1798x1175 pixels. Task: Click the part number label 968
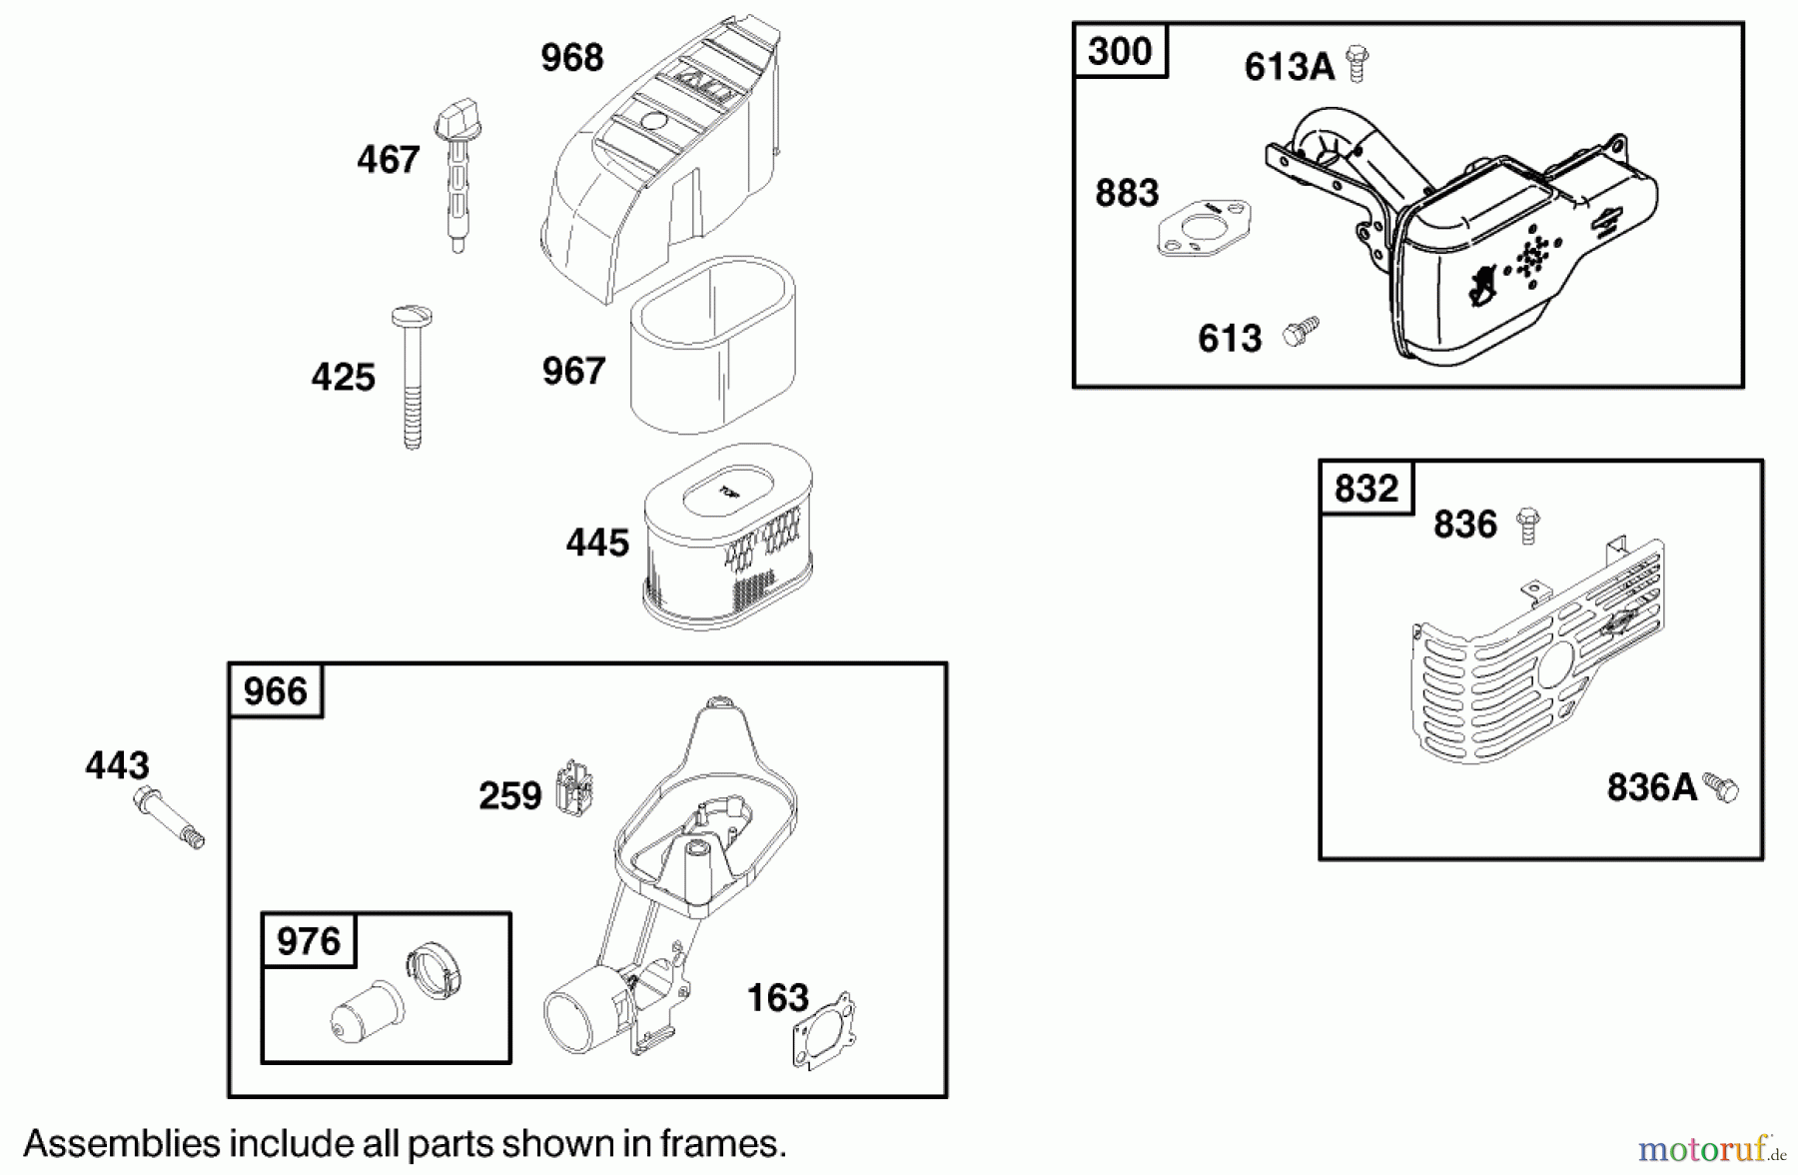point(571,58)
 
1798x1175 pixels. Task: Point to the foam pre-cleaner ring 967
point(712,345)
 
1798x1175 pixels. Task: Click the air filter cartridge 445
point(727,537)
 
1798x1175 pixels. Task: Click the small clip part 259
point(573,785)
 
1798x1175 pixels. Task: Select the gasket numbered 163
point(825,1030)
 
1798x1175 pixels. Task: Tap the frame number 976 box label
point(309,941)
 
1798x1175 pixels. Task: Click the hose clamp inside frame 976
point(436,972)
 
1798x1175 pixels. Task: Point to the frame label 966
point(276,691)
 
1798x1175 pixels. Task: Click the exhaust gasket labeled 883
point(1204,229)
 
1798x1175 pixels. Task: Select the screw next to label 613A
point(1355,63)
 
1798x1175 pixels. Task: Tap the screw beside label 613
point(1300,331)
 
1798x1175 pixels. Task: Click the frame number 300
point(1119,51)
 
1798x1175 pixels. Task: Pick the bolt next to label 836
point(1527,525)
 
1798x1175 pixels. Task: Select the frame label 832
point(1365,489)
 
